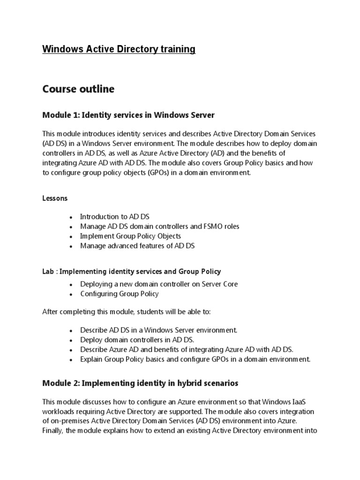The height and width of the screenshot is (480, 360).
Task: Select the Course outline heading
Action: [78, 89]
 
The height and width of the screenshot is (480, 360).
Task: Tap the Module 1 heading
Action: [128, 115]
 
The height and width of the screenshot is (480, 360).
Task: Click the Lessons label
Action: [55, 198]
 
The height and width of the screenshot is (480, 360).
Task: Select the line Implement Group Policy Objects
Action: [130, 236]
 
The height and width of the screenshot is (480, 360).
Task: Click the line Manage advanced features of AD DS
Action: [137, 246]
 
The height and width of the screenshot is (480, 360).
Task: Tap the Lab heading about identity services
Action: [132, 271]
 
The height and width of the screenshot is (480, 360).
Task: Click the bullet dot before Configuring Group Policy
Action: [70, 295]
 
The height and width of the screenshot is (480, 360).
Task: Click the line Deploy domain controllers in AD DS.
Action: [137, 340]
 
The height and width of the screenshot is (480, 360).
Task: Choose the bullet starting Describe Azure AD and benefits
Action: [187, 350]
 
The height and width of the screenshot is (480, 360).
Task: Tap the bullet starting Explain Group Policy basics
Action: [195, 360]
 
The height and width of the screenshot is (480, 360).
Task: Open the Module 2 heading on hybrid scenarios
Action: [140, 383]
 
